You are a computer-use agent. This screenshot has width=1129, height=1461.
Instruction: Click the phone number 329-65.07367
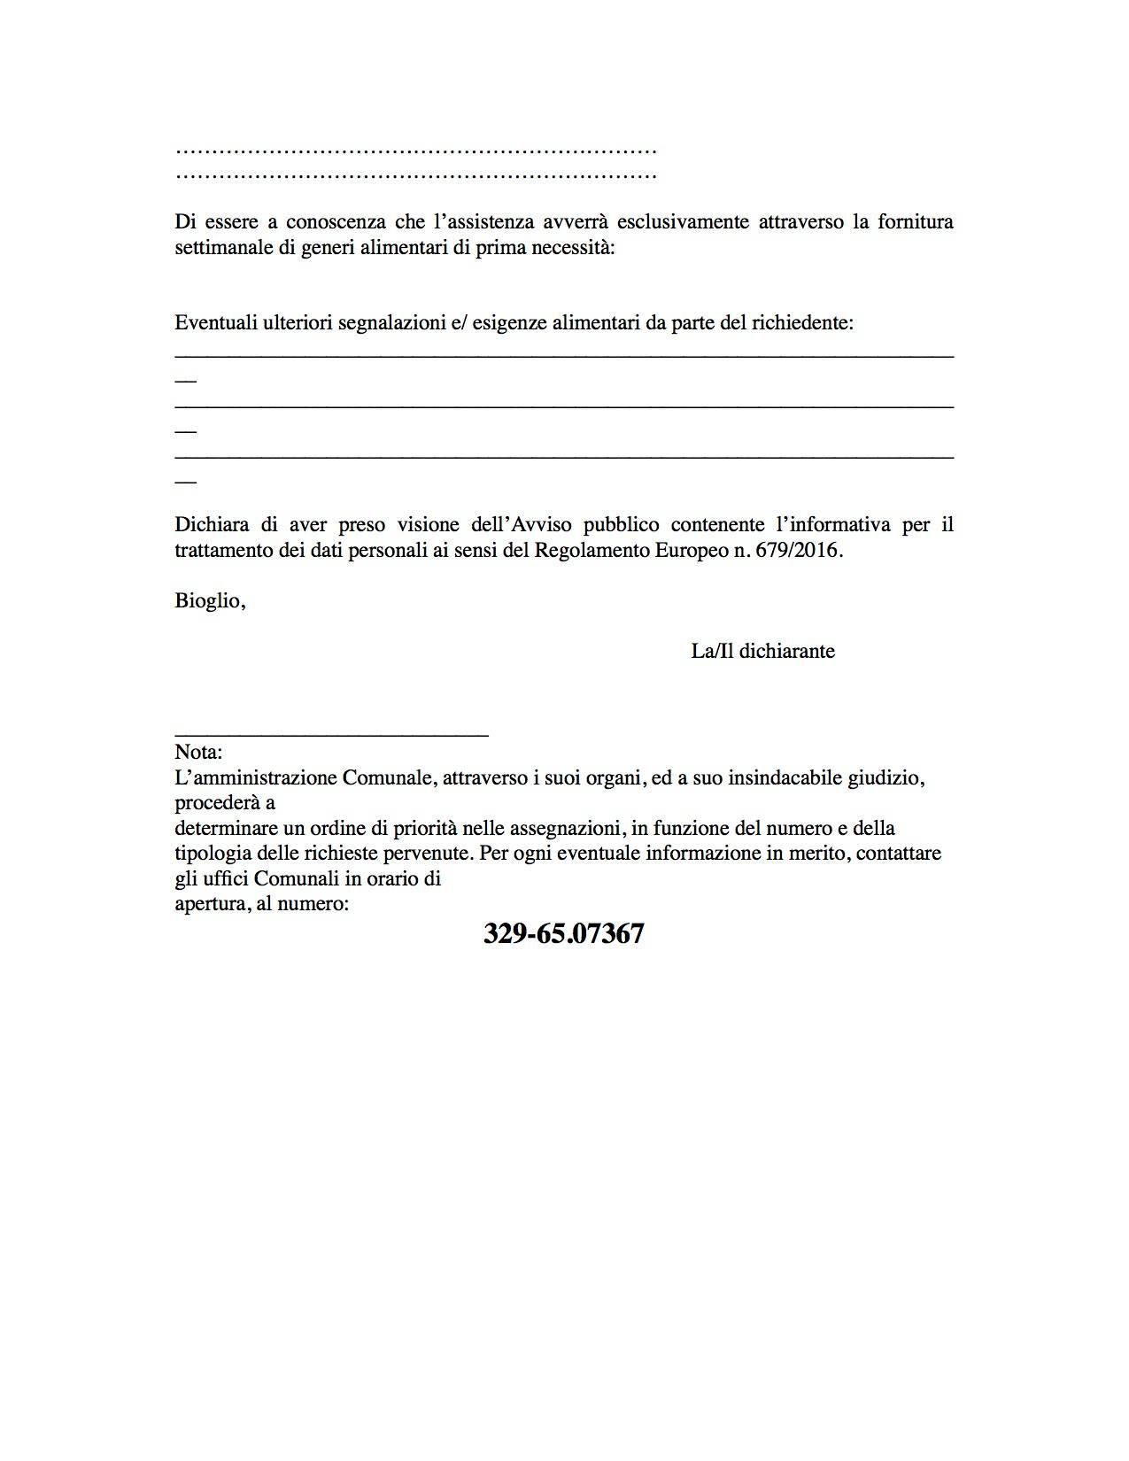563,934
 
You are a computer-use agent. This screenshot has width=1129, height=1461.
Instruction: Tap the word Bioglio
208,601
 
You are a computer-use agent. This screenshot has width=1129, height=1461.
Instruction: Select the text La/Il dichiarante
762,652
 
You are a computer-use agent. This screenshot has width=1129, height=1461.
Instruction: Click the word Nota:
198,753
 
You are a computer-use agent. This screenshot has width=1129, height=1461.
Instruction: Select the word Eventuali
215,323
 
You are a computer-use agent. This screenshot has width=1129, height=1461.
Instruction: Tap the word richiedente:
802,323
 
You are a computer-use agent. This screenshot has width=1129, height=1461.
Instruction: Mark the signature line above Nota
331,734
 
